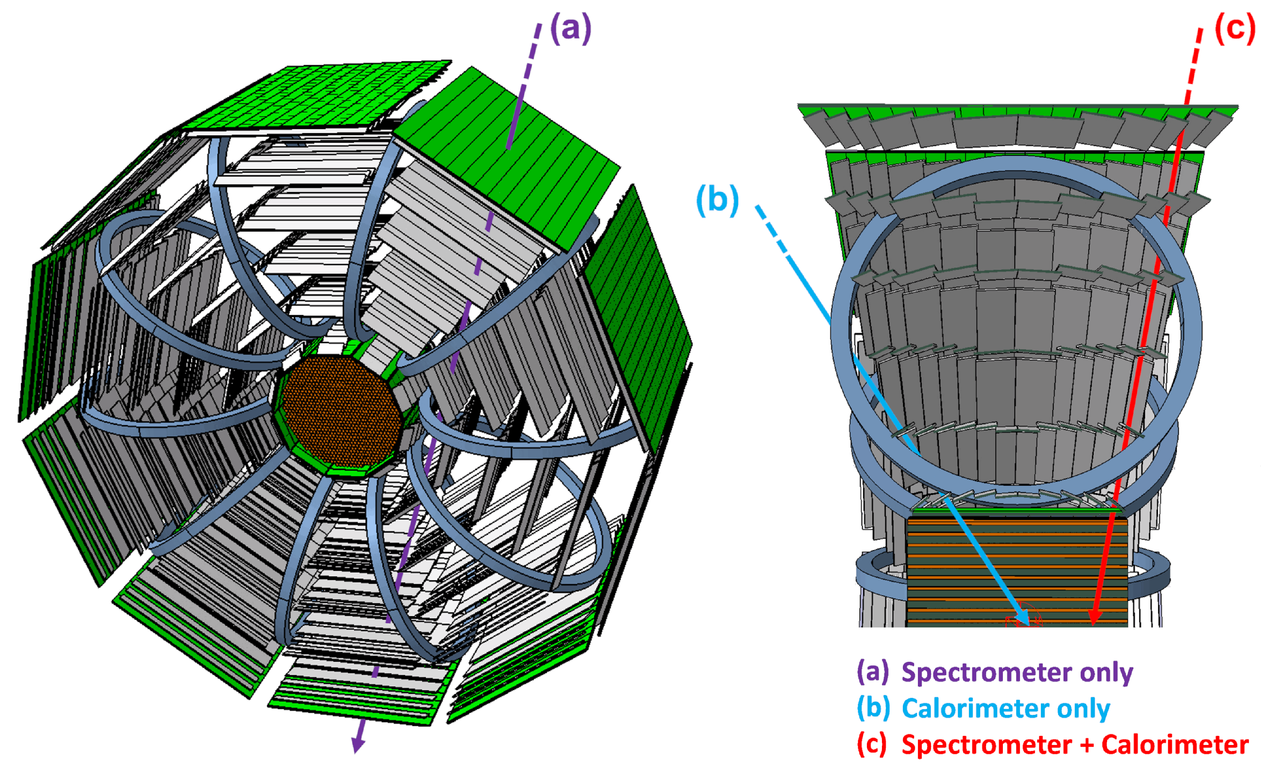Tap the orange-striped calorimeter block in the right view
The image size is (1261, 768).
[x=1018, y=571]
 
